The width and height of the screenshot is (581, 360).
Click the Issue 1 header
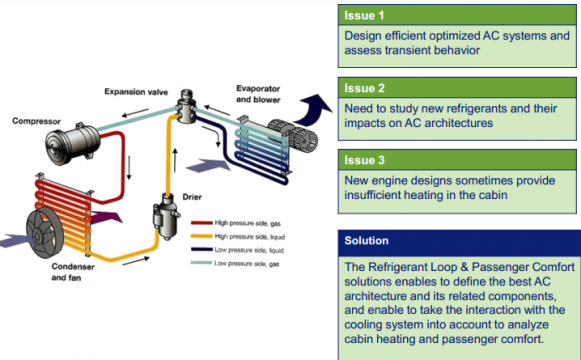click(457, 15)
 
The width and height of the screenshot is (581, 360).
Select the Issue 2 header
click(457, 88)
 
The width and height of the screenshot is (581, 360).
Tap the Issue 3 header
click(457, 160)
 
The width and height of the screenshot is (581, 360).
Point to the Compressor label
click(36, 121)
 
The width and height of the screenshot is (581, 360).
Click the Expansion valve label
click(136, 91)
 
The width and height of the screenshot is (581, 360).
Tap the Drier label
click(192, 197)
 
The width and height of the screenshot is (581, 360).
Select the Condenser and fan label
click(73, 272)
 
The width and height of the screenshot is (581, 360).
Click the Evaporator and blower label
click(258, 94)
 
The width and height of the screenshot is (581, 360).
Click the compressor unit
click(73, 143)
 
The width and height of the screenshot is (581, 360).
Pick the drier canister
click(166, 217)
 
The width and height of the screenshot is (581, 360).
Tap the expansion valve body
click(186, 106)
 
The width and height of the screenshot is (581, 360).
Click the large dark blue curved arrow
click(313, 110)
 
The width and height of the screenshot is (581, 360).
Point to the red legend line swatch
click(202, 223)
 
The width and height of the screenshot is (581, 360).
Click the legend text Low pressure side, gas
click(247, 264)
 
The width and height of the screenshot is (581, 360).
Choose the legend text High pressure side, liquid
click(250, 237)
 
